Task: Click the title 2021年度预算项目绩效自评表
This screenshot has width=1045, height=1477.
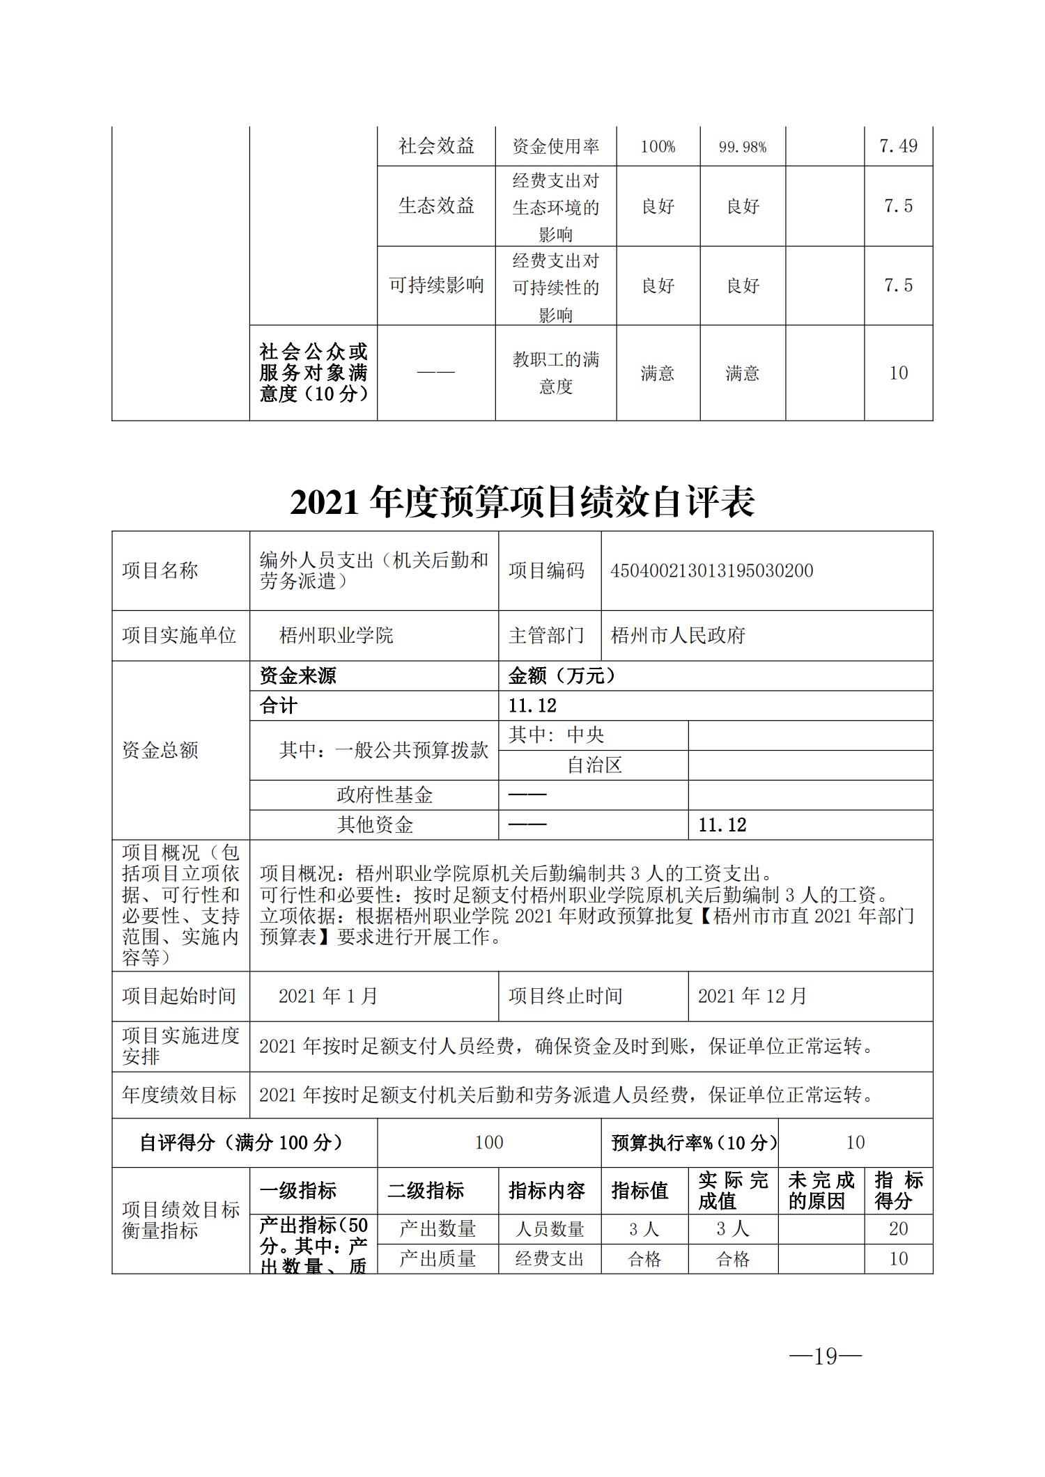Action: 522,501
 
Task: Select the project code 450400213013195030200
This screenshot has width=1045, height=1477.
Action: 711,571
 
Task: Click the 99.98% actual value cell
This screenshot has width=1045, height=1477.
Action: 742,147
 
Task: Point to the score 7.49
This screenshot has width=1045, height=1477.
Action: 898,146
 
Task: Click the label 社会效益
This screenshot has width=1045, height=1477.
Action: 436,146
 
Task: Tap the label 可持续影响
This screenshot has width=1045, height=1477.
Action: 436,286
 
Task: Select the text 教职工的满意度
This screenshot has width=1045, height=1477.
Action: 555,373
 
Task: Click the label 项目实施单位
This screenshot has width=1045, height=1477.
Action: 179,635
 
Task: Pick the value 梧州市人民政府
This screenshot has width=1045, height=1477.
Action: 678,635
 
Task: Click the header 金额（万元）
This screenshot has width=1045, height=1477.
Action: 562,675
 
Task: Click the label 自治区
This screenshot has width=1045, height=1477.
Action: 594,765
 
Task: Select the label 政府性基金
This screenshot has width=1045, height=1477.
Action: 385,795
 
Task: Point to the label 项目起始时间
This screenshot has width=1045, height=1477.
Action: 179,997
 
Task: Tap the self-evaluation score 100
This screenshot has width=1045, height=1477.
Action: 488,1143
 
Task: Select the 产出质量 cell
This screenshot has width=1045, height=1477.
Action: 437,1258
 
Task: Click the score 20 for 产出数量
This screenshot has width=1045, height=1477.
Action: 898,1228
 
